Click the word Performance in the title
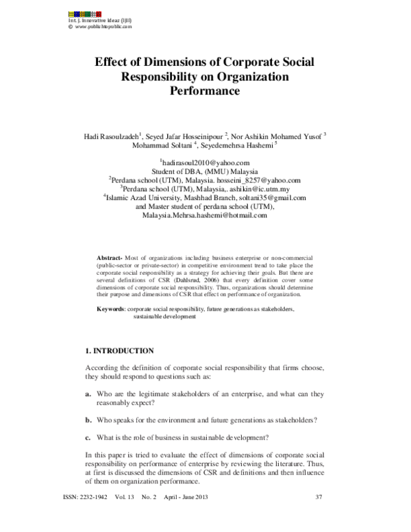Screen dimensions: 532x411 click(x=204, y=89)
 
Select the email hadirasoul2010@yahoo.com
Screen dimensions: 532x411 click(x=205, y=162)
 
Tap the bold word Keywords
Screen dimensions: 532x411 click(x=110, y=311)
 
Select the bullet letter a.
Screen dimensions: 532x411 click(x=88, y=395)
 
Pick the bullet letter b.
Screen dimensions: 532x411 click(x=88, y=420)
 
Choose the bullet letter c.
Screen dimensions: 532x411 click(x=88, y=437)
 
